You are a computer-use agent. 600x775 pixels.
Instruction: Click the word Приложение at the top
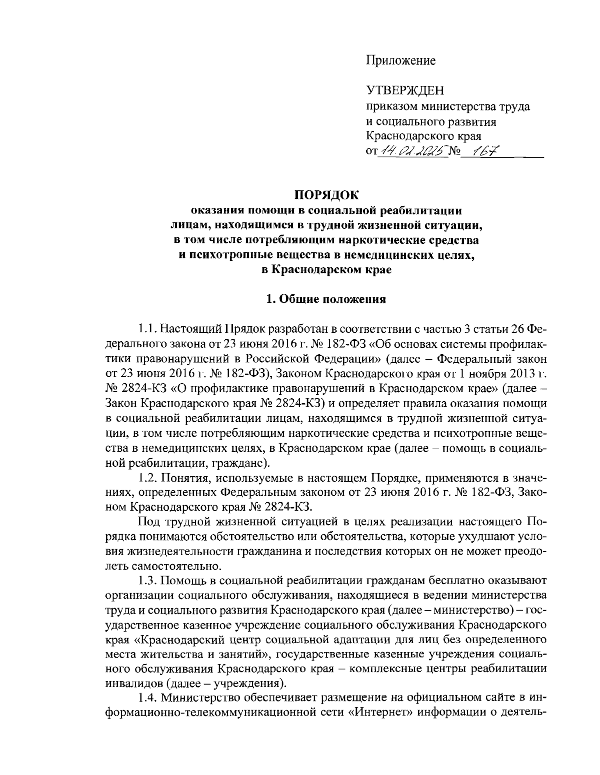coord(400,61)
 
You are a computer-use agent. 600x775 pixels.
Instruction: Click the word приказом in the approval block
coord(391,106)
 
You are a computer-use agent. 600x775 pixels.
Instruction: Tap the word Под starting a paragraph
coord(149,522)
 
